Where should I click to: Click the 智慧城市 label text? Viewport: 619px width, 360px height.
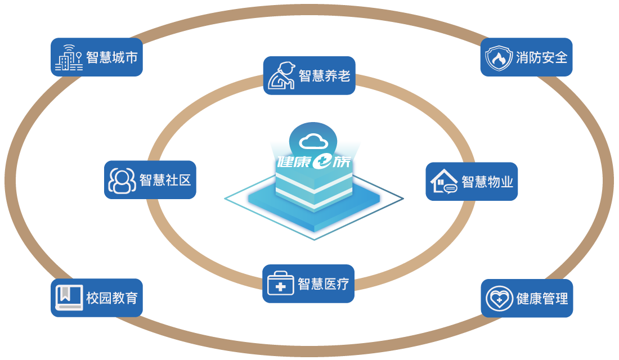tap(112, 58)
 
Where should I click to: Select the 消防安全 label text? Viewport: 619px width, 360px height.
tap(541, 57)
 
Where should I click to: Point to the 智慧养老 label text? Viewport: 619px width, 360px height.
tap(324, 76)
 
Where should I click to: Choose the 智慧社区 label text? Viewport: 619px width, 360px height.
tap(165, 180)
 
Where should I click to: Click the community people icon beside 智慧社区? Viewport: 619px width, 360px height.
tap(122, 180)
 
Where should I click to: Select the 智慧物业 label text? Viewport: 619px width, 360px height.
tap(487, 182)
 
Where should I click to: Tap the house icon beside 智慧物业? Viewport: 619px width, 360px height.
tap(444, 182)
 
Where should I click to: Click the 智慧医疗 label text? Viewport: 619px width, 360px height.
tap(323, 284)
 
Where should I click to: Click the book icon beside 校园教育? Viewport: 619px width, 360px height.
tap(69, 298)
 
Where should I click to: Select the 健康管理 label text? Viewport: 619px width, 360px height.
tap(542, 299)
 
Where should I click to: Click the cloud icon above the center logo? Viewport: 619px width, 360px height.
tap(313, 141)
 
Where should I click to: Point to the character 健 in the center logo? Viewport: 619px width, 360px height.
tap(287, 163)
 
